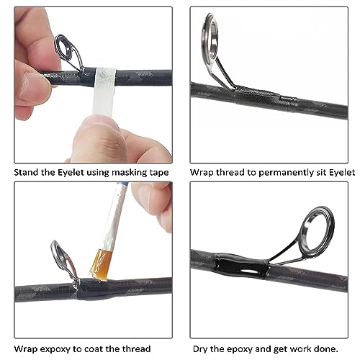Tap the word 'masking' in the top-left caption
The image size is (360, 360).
pos(126,174)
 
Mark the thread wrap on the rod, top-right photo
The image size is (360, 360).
pos(256,92)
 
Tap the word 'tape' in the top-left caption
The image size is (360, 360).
pos(158,174)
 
